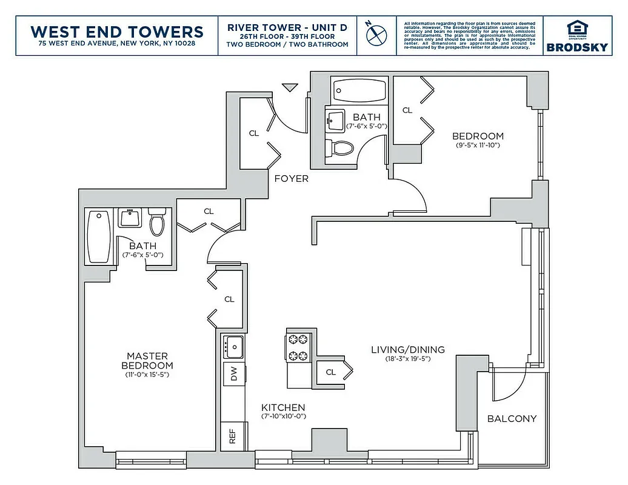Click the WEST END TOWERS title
click(117, 31)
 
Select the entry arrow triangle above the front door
click(290, 87)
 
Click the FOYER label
click(291, 179)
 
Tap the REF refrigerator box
click(232, 436)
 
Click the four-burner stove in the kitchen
click(299, 348)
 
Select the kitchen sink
click(233, 347)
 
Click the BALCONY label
click(512, 419)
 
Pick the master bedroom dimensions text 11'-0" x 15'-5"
click(147, 375)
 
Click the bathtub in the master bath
click(98, 236)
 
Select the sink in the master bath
click(130, 218)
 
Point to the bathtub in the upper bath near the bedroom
click(358, 91)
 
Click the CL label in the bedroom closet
click(407, 110)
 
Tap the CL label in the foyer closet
click(254, 133)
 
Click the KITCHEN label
click(283, 407)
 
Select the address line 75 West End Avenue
click(117, 44)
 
